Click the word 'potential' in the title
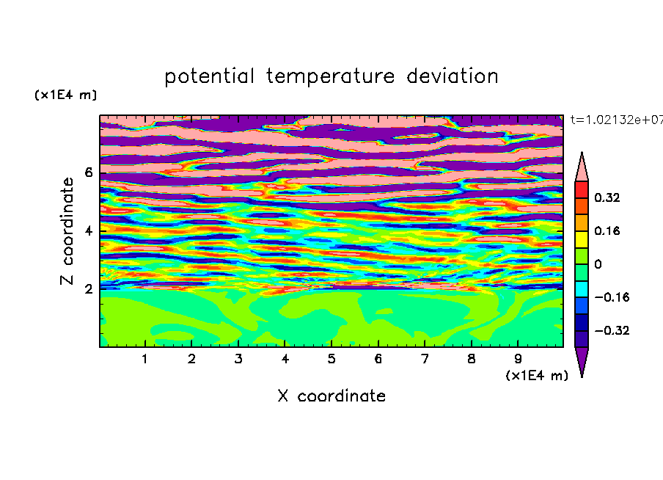point(209,76)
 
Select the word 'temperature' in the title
point(330,77)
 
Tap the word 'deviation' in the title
point(453,76)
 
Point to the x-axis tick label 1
point(144,359)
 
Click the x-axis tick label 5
point(331,359)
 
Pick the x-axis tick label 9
point(518,359)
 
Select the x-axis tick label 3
point(238,359)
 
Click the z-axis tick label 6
point(88,172)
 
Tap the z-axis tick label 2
point(88,289)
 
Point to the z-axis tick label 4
point(88,231)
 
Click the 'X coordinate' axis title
point(331,396)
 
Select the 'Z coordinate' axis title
point(67,231)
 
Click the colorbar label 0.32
point(607,197)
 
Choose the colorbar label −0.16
point(612,297)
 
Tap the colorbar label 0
point(598,264)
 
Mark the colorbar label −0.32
point(612,330)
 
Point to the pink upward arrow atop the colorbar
point(582,168)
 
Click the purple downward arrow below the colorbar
point(582,360)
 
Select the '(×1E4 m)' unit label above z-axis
point(65,95)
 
